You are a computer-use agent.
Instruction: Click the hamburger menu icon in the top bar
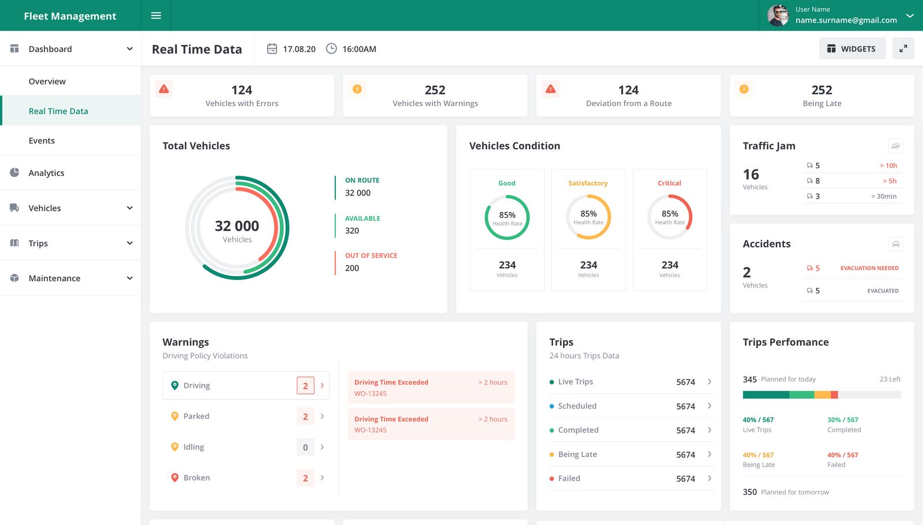coord(156,16)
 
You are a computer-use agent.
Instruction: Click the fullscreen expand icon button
coord(903,49)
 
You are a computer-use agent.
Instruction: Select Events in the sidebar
coord(42,141)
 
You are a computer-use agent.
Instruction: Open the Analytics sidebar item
coord(46,173)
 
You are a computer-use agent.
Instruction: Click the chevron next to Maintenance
coord(130,278)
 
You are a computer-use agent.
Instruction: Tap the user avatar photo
coord(778,16)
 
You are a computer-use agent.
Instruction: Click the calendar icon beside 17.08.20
coord(272,49)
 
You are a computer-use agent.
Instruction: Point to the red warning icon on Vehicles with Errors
coord(164,89)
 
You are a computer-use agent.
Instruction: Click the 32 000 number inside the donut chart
coord(237,226)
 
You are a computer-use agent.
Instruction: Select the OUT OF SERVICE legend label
coord(371,255)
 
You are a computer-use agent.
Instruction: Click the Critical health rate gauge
coord(670,217)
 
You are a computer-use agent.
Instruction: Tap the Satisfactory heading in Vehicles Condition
coord(588,183)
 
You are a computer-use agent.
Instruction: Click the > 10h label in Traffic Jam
coord(888,165)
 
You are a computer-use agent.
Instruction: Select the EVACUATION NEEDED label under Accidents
coord(869,268)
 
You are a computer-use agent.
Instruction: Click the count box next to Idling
coord(305,447)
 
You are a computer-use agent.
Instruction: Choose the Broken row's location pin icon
coord(175,477)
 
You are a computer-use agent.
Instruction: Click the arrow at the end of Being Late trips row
coord(710,454)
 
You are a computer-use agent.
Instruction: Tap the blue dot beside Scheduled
coord(552,406)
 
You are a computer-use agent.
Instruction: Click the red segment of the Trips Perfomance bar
coord(834,395)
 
